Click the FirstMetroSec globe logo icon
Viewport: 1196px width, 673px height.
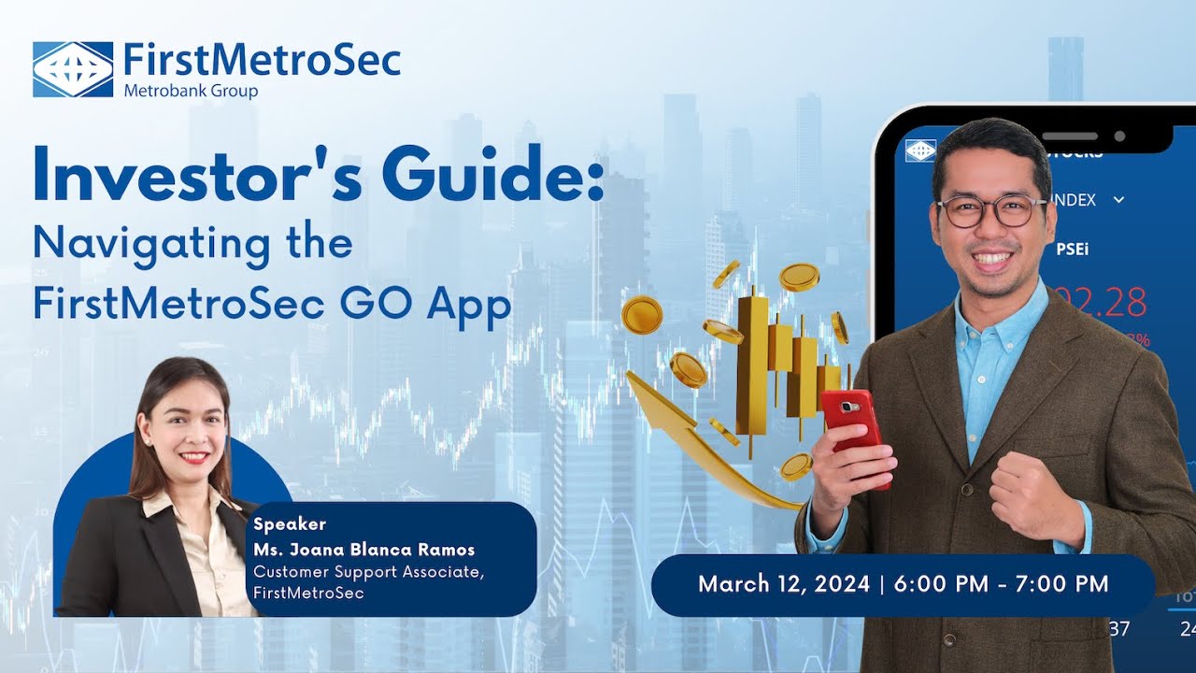click(x=73, y=69)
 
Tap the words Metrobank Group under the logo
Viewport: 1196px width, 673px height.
click(x=191, y=91)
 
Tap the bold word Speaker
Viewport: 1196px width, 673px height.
click(x=290, y=524)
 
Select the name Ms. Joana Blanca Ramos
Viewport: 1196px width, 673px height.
click(x=363, y=550)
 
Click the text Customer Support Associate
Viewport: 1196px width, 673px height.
click(x=368, y=572)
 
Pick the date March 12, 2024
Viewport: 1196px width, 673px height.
click(x=783, y=584)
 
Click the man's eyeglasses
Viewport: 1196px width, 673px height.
click(x=991, y=210)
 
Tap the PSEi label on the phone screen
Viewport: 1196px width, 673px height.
click(x=1072, y=250)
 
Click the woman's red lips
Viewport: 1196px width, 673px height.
click(x=193, y=457)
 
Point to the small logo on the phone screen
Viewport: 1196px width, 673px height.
click(x=920, y=150)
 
